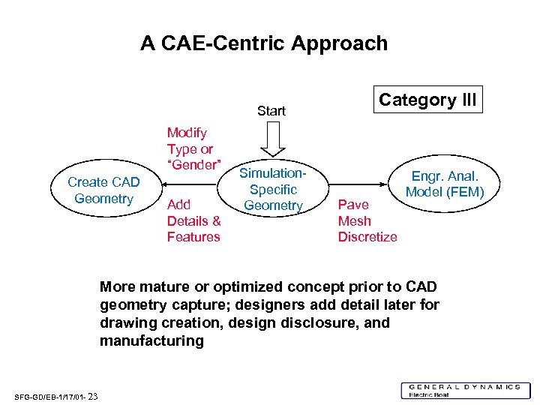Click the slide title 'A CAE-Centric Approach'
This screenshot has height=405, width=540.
[x=264, y=43]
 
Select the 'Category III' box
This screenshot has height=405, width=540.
[x=427, y=100]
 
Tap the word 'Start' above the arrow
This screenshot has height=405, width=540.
[x=271, y=111]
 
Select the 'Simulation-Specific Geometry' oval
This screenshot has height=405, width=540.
[x=273, y=190]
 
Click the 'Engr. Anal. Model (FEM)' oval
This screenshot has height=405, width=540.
[x=445, y=184]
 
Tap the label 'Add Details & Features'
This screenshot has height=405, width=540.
[x=193, y=220]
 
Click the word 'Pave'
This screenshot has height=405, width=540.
[x=353, y=204]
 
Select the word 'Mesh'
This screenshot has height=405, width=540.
[x=354, y=220]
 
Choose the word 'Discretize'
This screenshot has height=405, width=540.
[x=367, y=237]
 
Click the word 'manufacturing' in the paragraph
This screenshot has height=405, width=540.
[x=151, y=341]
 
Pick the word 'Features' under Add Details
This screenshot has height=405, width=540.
[x=193, y=237]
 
